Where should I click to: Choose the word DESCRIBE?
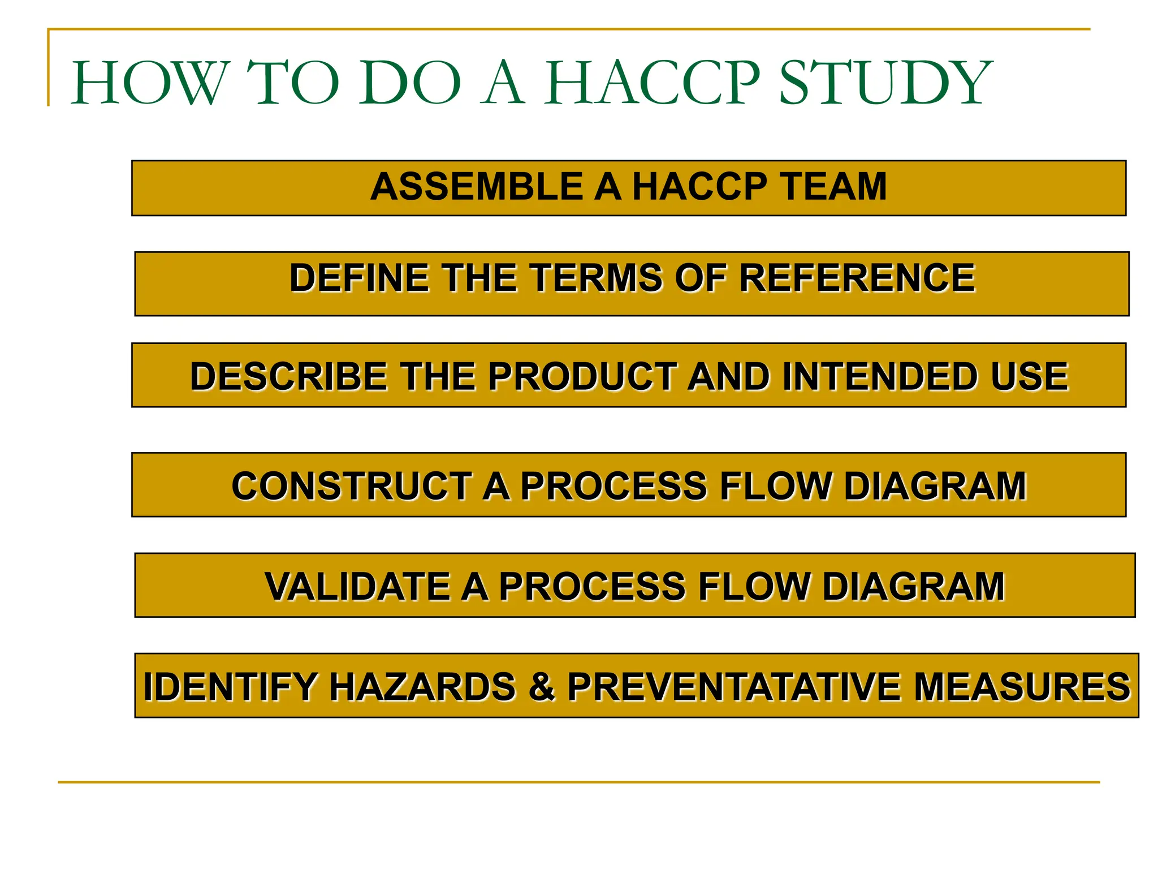(288, 377)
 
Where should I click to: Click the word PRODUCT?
(582, 377)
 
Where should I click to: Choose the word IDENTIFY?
(230, 687)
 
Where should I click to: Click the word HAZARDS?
(422, 687)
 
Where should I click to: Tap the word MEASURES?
(1021, 687)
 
